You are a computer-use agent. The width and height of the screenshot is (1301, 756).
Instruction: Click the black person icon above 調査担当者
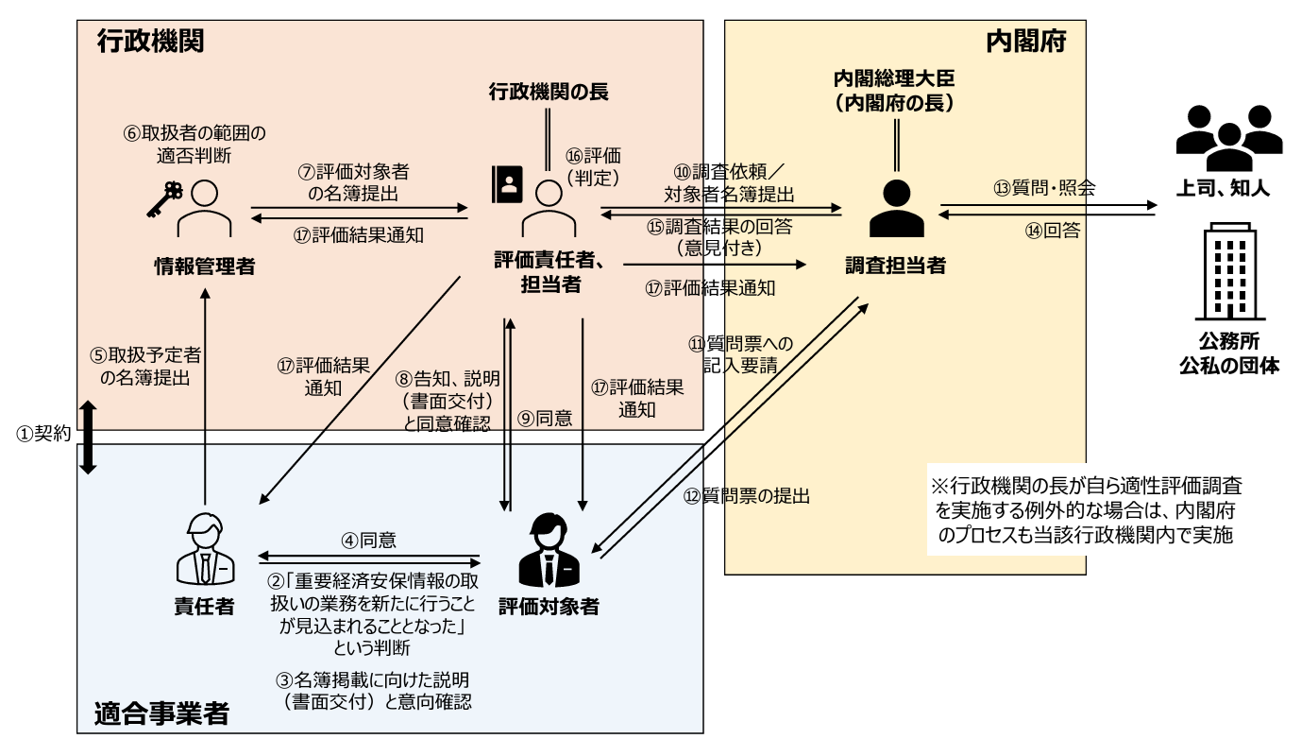coord(896,210)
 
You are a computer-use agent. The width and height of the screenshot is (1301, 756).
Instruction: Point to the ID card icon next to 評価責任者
coord(507,184)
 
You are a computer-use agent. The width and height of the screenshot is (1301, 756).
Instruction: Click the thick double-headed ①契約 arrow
coord(87,437)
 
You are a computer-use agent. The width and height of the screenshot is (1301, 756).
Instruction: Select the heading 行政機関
coord(150,42)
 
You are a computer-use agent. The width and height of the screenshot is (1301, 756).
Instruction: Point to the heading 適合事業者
coord(161,713)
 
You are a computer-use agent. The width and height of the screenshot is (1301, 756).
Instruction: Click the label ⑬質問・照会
coord(1044,187)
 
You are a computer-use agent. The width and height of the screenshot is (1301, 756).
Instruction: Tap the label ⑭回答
coord(1053,230)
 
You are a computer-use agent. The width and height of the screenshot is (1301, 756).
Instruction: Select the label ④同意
coord(368,541)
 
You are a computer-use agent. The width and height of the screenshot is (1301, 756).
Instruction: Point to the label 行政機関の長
coord(549,91)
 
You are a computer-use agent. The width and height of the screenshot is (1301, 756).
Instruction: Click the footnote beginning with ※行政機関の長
coord(1086,510)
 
